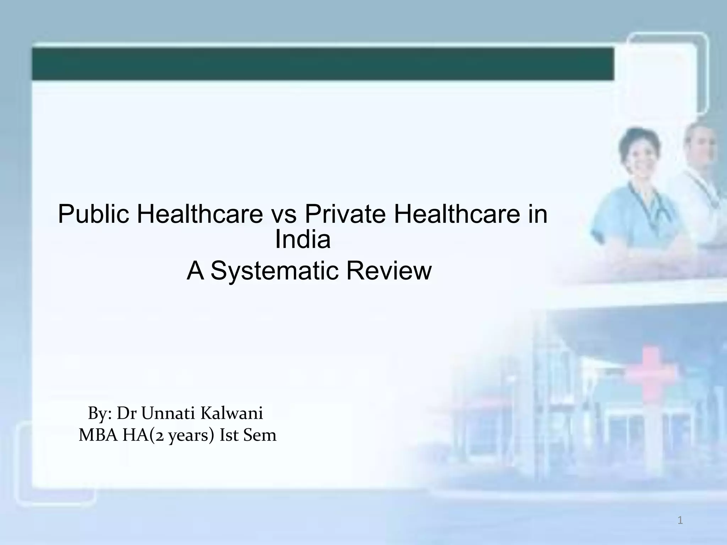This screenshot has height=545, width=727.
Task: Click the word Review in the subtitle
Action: [x=389, y=270]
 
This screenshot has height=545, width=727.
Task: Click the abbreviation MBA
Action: [x=98, y=435]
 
